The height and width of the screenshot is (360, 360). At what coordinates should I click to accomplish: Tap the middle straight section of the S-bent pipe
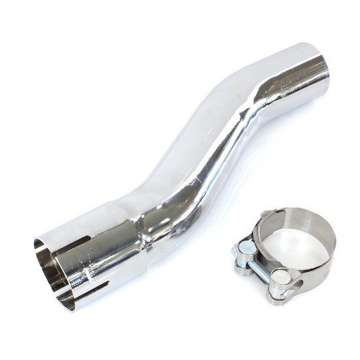pos(203,155)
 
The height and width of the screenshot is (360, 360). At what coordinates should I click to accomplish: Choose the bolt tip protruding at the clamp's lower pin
pos(284,278)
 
